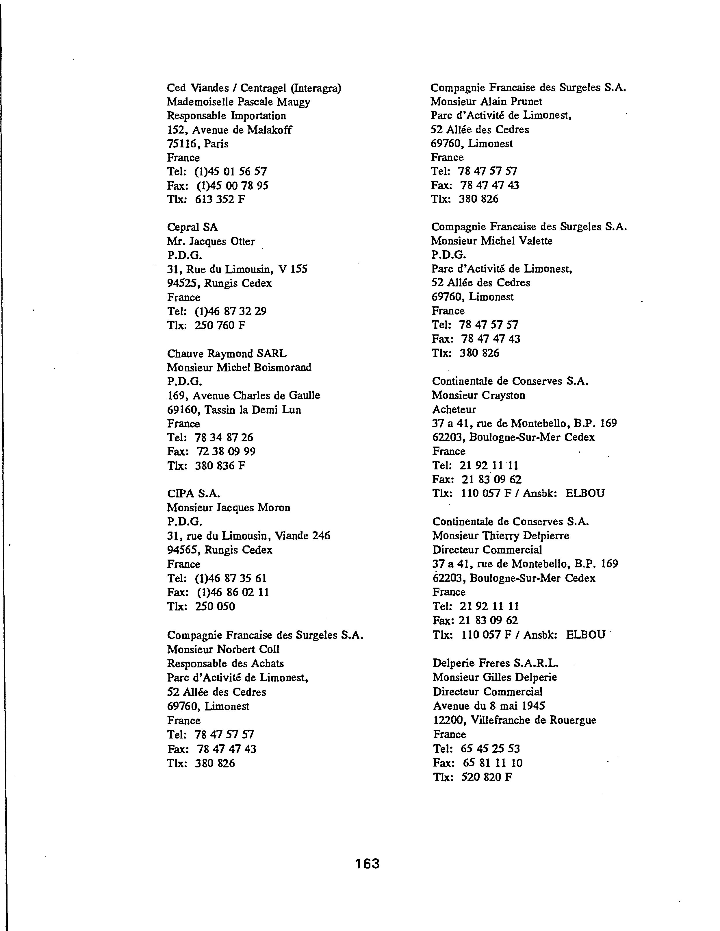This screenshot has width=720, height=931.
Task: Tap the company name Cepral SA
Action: tap(192, 227)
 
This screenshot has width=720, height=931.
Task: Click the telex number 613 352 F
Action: tap(220, 199)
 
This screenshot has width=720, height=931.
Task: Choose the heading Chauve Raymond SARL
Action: tap(227, 353)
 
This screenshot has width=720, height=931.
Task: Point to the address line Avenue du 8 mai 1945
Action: tap(489, 706)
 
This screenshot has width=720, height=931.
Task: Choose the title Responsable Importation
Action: tap(226, 116)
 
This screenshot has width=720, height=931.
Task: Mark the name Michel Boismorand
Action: tap(264, 367)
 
